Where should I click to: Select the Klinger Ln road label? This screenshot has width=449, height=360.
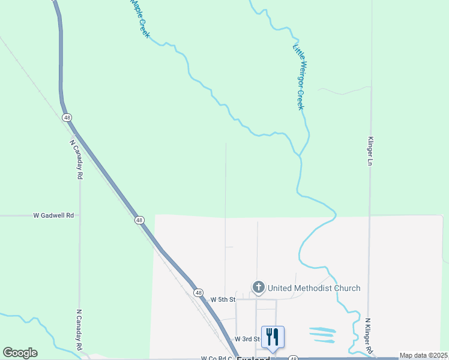click(x=370, y=149)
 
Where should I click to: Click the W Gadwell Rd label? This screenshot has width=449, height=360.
click(x=53, y=215)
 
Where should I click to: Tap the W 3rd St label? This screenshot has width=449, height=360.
click(x=246, y=340)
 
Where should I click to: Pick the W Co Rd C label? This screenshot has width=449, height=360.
click(x=216, y=358)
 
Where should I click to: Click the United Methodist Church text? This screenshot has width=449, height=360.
click(x=314, y=288)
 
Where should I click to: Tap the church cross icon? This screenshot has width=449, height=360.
click(x=259, y=287)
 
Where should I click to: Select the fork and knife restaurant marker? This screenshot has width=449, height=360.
click(x=273, y=337)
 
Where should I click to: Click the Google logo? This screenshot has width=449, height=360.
click(x=20, y=353)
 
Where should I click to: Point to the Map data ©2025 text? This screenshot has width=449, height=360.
click(x=424, y=355)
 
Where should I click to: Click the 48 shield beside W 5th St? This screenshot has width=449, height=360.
click(x=198, y=293)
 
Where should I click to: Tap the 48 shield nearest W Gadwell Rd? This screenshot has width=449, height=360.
click(x=139, y=220)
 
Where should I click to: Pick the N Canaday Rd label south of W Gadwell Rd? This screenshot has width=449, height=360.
click(x=79, y=329)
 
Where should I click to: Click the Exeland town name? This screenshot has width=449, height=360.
click(x=253, y=358)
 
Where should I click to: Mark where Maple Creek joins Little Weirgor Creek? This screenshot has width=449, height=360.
click(x=298, y=154)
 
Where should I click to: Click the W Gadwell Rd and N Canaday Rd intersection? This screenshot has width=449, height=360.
click(x=80, y=215)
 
